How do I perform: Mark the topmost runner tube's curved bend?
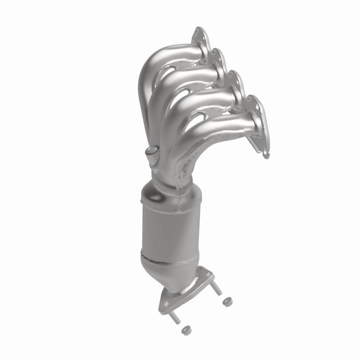[x=151, y=67]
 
